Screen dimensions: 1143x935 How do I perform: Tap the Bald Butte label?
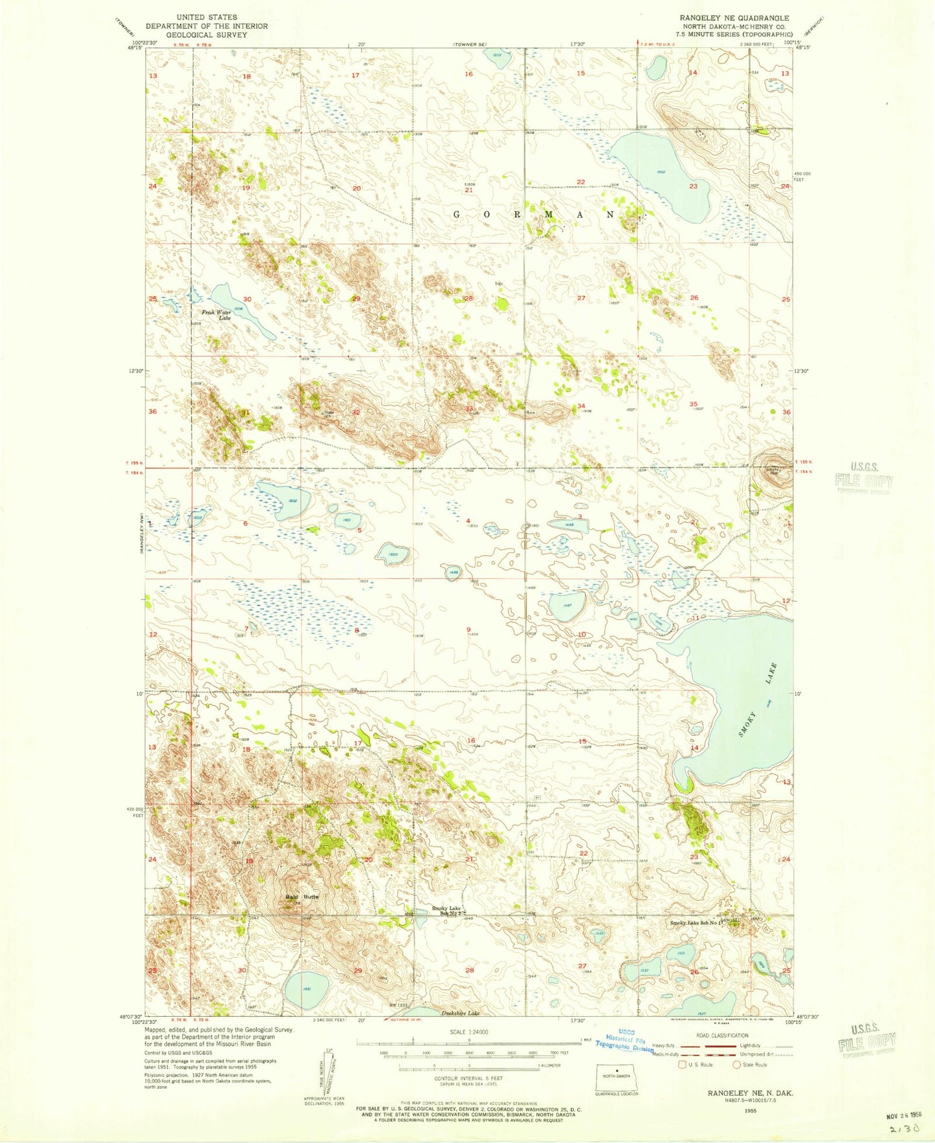tap(303, 897)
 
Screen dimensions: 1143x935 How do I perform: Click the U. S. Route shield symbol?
tap(681, 1064)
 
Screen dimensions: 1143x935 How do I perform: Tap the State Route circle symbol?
tap(736, 1064)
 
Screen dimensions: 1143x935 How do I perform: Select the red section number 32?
tap(355, 412)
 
